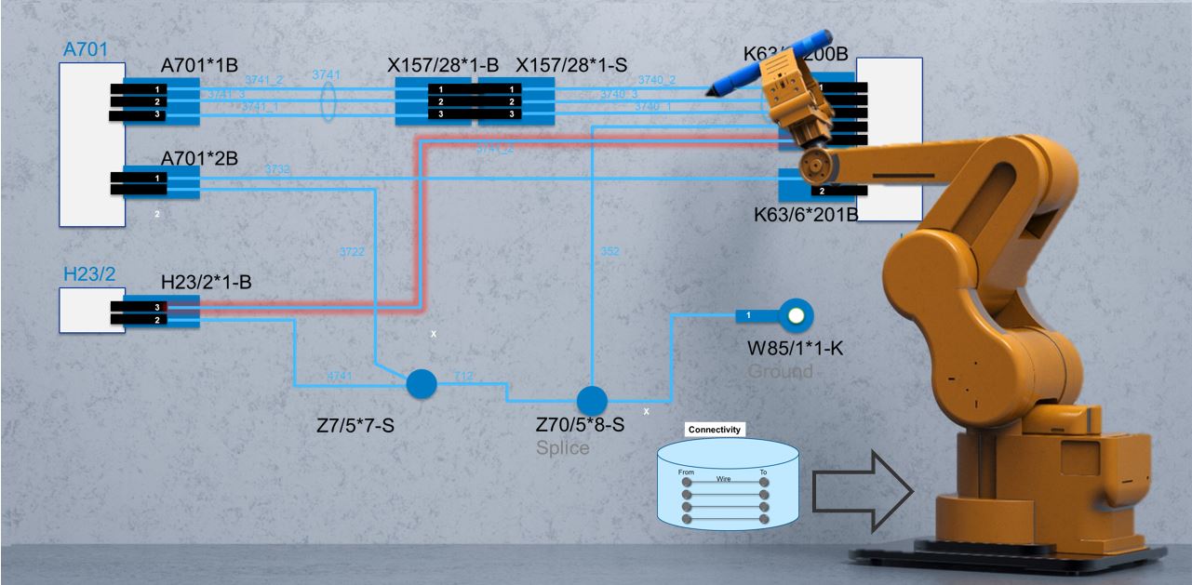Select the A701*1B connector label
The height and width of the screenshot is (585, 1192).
pos(200,65)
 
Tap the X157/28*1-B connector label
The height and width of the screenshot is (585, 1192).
pos(443,65)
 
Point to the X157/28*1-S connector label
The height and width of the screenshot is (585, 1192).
pos(571,65)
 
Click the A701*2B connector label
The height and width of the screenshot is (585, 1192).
pos(200,157)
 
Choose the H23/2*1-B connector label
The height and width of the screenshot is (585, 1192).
pos(207,283)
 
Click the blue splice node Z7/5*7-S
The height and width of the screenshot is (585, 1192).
pos(422,383)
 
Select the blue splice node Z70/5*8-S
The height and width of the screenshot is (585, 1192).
pos(592,401)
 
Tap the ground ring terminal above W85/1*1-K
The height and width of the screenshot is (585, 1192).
pos(794,316)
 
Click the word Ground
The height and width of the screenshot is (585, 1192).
pos(780,371)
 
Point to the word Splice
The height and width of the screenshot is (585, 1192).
pos(562,447)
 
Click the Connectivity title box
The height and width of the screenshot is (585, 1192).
pos(715,430)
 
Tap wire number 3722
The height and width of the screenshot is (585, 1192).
pos(352,251)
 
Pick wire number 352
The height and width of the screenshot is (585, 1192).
pos(609,251)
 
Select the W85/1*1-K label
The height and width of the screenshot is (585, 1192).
pos(796,350)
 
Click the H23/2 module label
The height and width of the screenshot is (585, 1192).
pos(89,273)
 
